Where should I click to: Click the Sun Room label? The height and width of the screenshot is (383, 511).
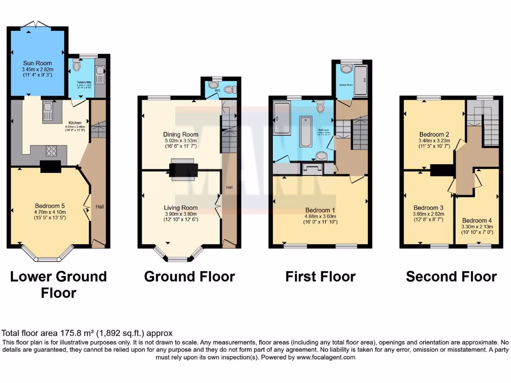point(37,63)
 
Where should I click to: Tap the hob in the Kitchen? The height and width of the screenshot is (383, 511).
point(51,150)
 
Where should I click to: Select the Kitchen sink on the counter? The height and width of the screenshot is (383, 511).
point(48,111)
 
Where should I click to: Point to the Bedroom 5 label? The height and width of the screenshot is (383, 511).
point(50,206)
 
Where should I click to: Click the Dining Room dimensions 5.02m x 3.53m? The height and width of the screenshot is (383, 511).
point(181,141)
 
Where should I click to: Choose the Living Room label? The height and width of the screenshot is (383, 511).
point(181,207)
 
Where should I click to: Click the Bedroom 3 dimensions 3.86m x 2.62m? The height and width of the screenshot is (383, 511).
point(429,214)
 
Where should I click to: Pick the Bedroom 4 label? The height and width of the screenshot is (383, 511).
point(477,220)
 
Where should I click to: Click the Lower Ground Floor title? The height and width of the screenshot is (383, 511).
point(58,284)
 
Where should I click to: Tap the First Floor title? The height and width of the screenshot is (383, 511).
point(320,276)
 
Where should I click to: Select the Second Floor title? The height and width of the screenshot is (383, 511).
point(451,276)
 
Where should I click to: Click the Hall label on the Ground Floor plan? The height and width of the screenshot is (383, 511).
point(229,188)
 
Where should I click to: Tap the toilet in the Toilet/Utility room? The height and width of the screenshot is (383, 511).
point(76,65)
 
